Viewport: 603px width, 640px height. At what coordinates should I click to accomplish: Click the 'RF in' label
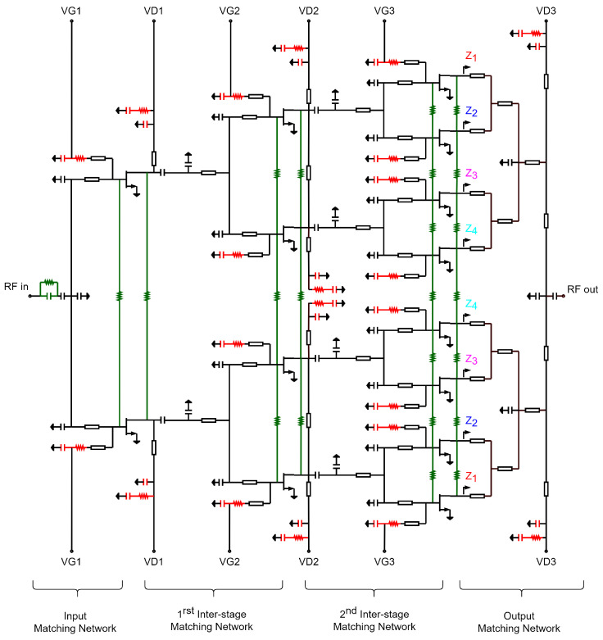coord(16,286)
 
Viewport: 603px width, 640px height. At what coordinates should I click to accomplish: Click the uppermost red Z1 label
coord(470,57)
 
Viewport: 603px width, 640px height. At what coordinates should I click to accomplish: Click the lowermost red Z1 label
coord(470,477)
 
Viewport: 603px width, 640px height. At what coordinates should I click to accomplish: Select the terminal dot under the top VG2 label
coord(230,22)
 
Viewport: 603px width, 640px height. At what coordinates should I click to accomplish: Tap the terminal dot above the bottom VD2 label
coord(309,550)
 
